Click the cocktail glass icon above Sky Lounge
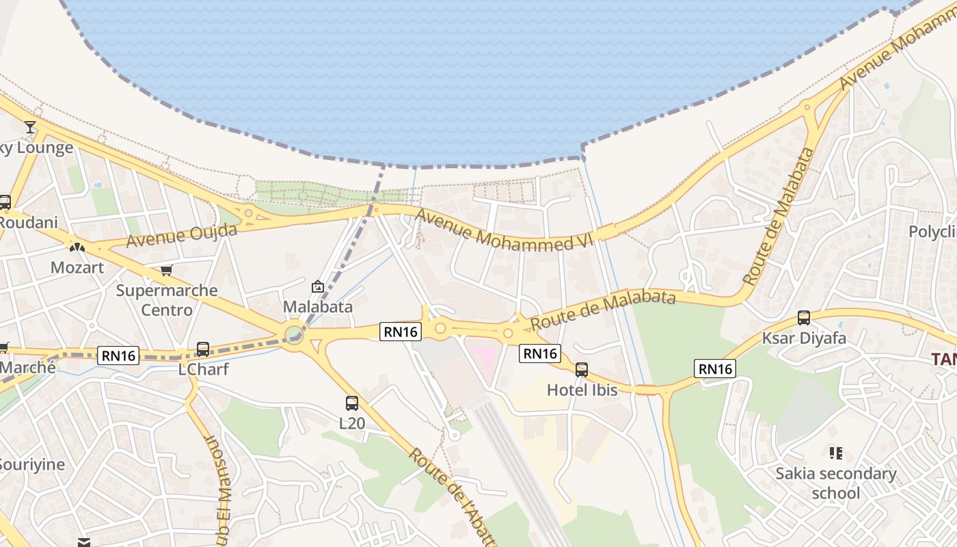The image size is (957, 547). coord(30,127)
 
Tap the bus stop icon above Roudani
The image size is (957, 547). coord(5,202)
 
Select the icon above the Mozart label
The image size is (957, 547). coord(77,247)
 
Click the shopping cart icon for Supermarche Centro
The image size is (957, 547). coord(166,270)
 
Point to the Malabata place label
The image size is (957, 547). coord(318,306)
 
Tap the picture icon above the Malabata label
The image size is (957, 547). coord(317,286)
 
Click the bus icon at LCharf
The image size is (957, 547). coord(203,349)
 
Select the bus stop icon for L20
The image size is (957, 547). coord(352,403)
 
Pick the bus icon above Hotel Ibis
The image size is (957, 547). coord(582,370)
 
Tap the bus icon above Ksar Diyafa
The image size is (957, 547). coord(804,318)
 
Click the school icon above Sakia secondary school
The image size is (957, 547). coord(835,453)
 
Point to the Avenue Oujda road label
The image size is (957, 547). coord(182,236)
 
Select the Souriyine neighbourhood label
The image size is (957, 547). coord(32,465)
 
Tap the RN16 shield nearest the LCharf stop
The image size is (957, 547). coord(119,356)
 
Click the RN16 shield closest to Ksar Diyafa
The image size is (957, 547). coord(715,369)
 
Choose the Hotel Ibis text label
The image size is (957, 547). coord(582,390)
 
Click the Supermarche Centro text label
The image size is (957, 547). coord(167,300)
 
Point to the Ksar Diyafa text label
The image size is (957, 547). coord(804,338)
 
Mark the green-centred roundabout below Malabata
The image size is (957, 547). coord(294,334)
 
